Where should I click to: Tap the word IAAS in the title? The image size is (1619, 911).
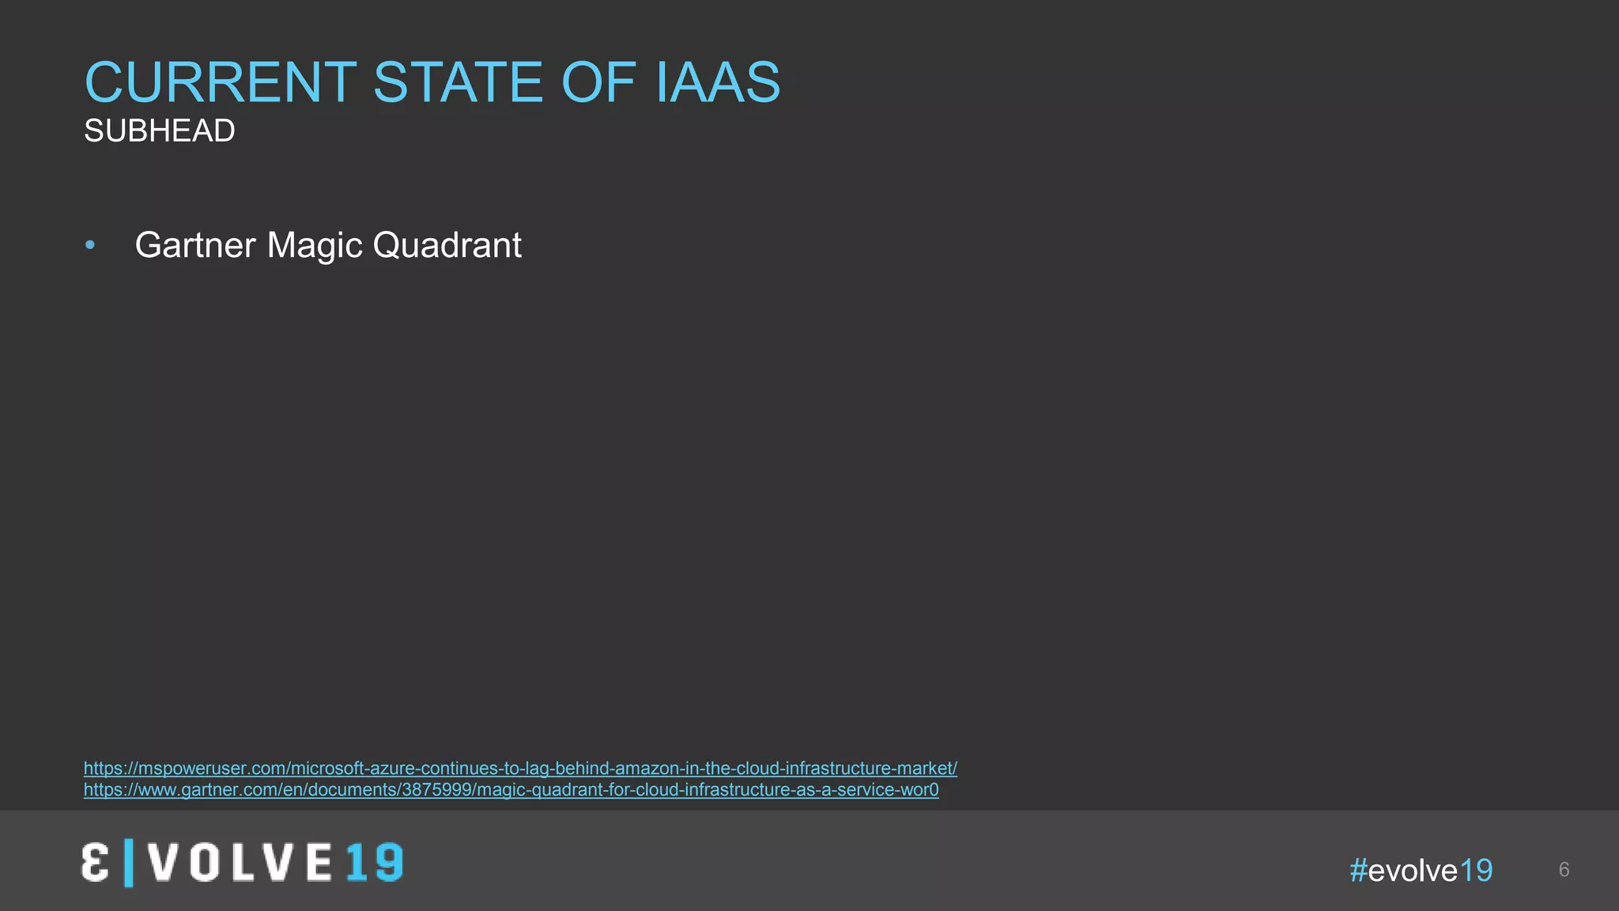pos(718,82)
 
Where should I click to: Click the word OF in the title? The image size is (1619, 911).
pos(598,82)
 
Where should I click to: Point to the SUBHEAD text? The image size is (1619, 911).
pos(160,131)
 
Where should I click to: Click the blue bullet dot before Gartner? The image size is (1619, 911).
pos(90,246)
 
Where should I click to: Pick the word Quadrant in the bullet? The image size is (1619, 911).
pos(447,246)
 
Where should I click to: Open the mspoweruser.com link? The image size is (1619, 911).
pos(520,769)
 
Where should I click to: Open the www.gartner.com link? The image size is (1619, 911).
pos(511,790)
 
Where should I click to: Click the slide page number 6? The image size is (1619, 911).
pos(1564,870)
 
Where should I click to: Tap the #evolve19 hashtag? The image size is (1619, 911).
pos(1421,871)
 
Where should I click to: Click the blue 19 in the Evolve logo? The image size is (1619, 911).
pos(375,863)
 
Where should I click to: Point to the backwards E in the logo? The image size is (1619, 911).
pos(95,863)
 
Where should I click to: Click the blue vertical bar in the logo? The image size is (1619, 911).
pos(129,863)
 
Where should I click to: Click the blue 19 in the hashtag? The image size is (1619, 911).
pos(1476,871)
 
